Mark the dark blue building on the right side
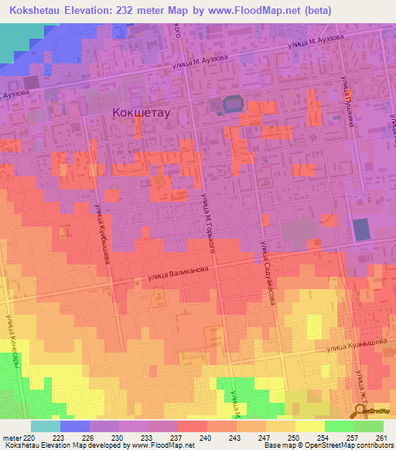click(x=361, y=230)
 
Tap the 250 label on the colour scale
click(x=294, y=436)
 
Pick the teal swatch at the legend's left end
click(x=46, y=426)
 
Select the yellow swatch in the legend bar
click(x=309, y=426)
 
